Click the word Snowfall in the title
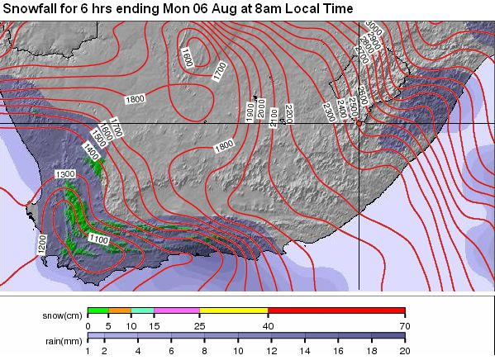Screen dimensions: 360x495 click(x=31, y=8)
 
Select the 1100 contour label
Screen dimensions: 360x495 click(x=98, y=239)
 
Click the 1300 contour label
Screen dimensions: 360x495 click(x=65, y=175)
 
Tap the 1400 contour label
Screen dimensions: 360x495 click(x=92, y=150)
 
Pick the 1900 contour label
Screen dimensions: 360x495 click(x=249, y=110)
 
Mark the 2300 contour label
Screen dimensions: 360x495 click(x=329, y=108)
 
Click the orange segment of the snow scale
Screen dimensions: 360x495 click(x=120, y=310)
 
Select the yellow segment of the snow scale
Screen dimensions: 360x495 click(x=234, y=310)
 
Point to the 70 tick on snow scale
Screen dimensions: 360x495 click(x=404, y=325)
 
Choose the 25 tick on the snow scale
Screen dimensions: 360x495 click(x=199, y=325)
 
